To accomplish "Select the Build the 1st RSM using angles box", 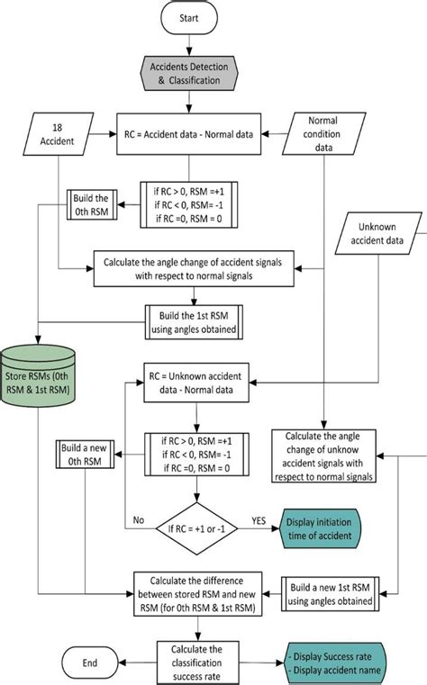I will [x=188, y=317].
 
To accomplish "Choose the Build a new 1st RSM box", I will [x=325, y=589].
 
